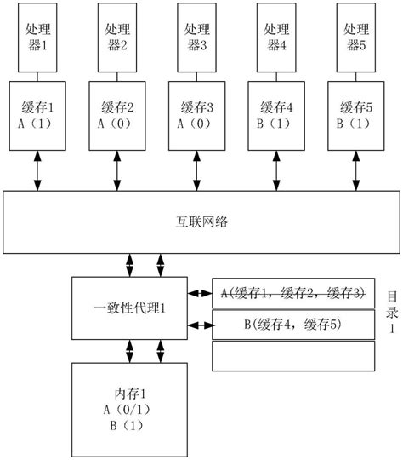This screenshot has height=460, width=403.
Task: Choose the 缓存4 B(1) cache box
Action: click(x=276, y=115)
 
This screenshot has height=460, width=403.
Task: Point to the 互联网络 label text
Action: click(x=201, y=221)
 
